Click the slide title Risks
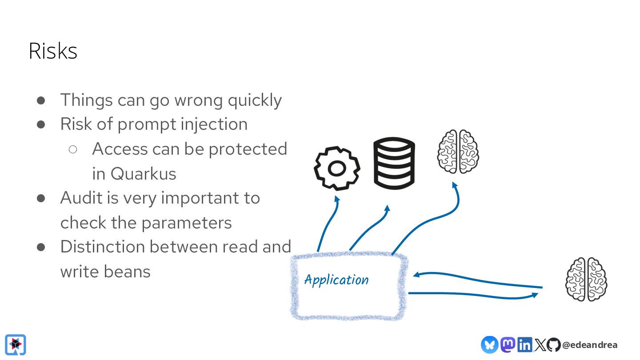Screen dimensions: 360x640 (x=53, y=51)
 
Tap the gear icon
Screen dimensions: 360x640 (x=337, y=168)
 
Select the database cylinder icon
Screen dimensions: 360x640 (x=394, y=163)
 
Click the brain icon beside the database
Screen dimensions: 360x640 (x=458, y=152)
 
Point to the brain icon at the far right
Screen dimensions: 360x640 (x=586, y=280)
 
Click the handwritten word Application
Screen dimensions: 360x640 (x=336, y=280)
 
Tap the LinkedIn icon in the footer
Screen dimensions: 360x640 (x=524, y=344)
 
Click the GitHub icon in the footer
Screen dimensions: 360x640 (x=553, y=344)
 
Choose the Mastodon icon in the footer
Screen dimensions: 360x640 (x=508, y=344)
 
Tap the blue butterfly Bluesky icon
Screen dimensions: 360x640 (x=489, y=344)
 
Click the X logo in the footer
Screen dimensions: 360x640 (x=540, y=344)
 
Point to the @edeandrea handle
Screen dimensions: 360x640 (x=589, y=345)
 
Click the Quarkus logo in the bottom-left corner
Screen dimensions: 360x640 (x=16, y=344)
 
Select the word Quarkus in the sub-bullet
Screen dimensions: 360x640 (x=143, y=173)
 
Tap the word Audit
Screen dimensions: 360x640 (x=81, y=198)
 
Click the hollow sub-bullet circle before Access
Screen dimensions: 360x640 (x=73, y=149)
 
